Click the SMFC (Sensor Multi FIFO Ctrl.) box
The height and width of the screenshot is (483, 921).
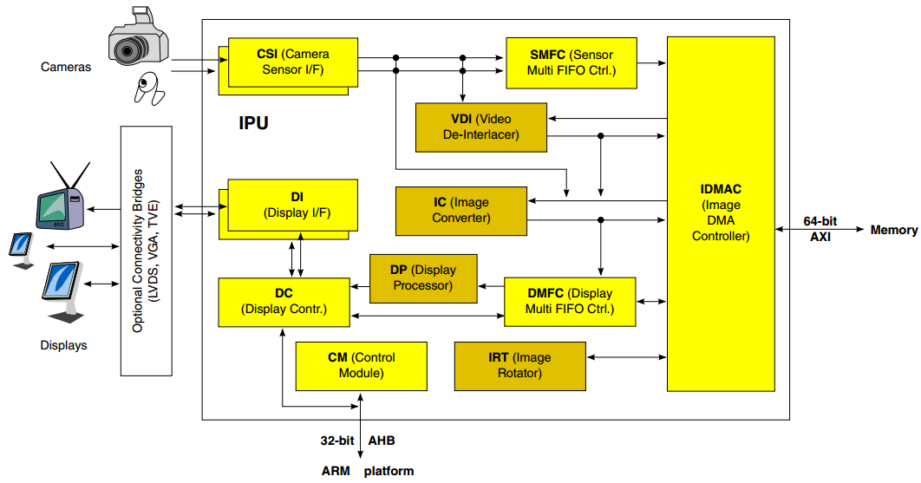(572, 63)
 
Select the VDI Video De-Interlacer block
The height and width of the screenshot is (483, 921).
(481, 127)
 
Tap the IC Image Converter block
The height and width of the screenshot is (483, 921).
(461, 211)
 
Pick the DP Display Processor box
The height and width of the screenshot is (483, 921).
(423, 278)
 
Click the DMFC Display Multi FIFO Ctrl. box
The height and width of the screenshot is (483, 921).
(570, 302)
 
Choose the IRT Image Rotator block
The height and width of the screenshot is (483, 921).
(519, 366)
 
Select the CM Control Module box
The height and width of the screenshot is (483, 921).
(362, 366)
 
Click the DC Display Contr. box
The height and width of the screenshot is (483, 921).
(284, 302)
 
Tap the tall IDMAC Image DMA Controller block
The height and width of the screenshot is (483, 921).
(721, 214)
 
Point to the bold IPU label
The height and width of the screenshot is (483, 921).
(254, 123)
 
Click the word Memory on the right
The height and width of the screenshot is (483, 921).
(894, 230)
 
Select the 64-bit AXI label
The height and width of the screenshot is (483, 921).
(820, 229)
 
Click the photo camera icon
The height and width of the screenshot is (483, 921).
(138, 36)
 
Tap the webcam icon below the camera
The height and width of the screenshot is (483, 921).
(149, 88)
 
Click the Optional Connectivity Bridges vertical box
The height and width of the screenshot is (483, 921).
(147, 251)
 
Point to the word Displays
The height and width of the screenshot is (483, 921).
(63, 345)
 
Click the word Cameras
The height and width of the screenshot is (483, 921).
(66, 67)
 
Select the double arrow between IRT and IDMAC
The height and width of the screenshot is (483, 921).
(626, 356)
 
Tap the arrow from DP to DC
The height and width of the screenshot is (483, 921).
(360, 287)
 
